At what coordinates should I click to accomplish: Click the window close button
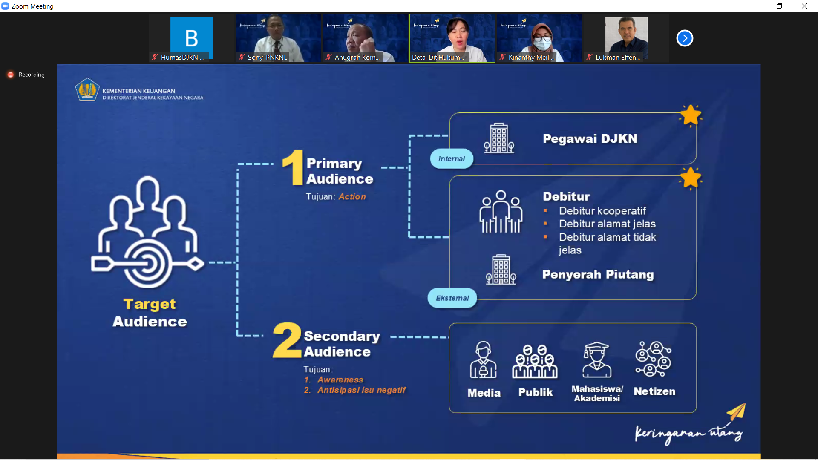804,6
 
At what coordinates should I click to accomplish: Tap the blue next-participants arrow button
685,38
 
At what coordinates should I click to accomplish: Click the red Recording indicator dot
11,75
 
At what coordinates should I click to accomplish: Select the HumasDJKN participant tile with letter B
192,38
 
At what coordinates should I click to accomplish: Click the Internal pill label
452,159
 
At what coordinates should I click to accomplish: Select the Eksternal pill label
452,298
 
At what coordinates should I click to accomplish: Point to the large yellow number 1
293,167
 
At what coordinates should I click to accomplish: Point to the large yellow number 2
287,340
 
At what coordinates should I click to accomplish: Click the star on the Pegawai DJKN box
690,115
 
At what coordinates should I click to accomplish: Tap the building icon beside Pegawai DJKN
499,138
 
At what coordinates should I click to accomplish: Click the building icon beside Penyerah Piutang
501,270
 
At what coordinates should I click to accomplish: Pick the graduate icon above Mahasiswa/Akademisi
596,360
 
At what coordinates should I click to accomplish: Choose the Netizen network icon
653,359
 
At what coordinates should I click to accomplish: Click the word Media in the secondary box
484,393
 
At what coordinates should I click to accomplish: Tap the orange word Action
352,197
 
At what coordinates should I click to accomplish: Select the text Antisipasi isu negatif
361,390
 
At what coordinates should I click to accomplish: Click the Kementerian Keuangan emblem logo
87,89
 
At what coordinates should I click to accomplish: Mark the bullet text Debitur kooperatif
602,211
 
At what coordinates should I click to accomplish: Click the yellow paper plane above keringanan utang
737,412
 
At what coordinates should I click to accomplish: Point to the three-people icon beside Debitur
501,212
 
